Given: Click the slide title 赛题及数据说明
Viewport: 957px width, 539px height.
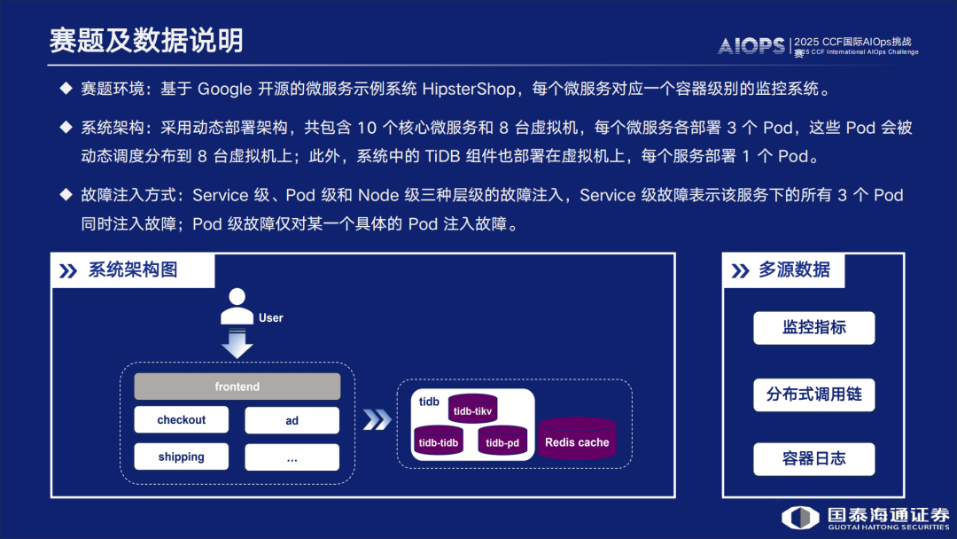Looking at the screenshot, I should [x=146, y=40].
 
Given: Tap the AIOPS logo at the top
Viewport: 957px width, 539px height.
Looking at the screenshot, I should [x=751, y=45].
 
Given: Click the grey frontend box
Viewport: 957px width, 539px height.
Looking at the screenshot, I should [x=237, y=387].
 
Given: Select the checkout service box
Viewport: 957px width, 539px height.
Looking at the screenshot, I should [x=182, y=420].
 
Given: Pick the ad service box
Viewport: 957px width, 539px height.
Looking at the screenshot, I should [x=292, y=420].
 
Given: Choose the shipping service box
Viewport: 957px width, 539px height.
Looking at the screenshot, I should [x=182, y=457].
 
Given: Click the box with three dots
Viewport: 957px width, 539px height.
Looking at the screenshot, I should [x=292, y=457].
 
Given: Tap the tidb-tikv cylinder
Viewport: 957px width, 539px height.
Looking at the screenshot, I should [x=472, y=410].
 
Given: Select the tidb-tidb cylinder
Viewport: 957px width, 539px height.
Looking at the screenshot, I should [x=439, y=441].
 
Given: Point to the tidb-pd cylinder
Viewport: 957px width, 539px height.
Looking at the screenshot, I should [x=502, y=441].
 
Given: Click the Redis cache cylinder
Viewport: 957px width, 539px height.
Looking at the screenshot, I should [x=577, y=441].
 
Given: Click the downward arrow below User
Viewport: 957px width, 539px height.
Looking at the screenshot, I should [x=237, y=345].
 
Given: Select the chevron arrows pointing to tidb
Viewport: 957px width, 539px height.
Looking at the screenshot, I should [x=377, y=419].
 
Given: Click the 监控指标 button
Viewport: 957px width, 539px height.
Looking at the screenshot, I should [x=813, y=328].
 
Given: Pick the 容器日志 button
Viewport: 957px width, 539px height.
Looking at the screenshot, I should [x=813, y=459].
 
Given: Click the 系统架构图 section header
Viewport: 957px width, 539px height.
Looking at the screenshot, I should [x=133, y=270].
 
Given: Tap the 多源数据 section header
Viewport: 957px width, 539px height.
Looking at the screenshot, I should [x=794, y=270].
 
